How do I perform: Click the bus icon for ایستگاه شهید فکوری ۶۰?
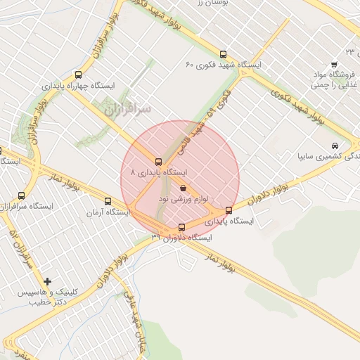224,54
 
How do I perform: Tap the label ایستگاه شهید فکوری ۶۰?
224,65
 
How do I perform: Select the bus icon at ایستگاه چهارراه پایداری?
77,75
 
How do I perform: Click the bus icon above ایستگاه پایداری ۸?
159,161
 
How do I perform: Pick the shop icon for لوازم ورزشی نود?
184,188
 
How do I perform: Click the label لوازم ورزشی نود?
184,200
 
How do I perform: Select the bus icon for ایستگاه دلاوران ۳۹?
182,227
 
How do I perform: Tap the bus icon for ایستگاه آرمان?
108,201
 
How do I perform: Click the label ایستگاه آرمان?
105,212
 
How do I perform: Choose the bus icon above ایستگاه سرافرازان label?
21,196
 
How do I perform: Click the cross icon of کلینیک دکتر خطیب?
47,281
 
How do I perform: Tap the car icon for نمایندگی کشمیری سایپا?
331,146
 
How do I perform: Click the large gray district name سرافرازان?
126,110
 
